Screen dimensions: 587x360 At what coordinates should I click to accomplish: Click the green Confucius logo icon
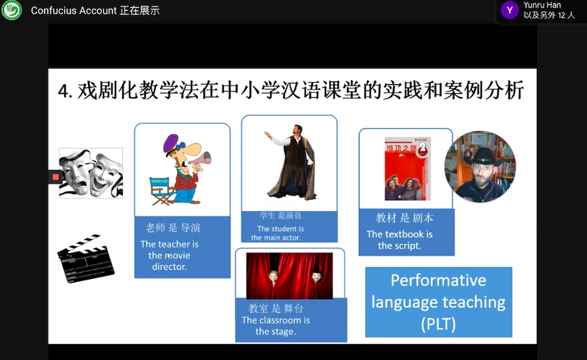[11, 10]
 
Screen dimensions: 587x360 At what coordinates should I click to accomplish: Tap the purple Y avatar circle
[509, 10]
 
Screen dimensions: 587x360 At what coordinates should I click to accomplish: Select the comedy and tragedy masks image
[91, 173]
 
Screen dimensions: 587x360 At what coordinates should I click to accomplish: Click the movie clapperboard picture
[86, 258]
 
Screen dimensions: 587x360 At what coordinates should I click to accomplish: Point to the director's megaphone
[200, 159]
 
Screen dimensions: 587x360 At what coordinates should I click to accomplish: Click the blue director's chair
[162, 191]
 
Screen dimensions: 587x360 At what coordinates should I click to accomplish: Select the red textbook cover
[408, 168]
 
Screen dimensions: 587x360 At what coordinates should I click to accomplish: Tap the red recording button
[55, 177]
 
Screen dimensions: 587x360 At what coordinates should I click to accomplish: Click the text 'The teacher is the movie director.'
[169, 255]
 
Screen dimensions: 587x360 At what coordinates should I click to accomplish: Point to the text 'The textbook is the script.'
[400, 240]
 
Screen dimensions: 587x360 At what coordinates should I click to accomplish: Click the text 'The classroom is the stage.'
[276, 326]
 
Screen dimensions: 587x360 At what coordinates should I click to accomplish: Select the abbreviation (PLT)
[438, 324]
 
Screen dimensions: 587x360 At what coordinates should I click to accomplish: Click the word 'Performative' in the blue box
[438, 280]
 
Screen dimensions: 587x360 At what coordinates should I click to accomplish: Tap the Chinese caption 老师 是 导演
[172, 228]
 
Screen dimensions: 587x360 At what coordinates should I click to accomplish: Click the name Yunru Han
[542, 5]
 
